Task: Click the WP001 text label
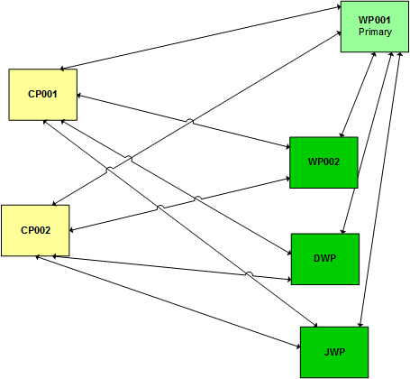coord(375,20)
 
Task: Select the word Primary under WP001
coord(375,32)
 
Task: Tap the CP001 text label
coord(42,94)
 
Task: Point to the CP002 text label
coord(35,230)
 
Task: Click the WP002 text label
coord(323,162)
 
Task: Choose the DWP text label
coord(325,258)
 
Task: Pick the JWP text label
coord(334,352)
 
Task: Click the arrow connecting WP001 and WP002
coord(358,95)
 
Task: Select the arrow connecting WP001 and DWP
coord(367,143)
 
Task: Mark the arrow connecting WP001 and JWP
coord(380,189)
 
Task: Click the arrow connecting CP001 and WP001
coord(201,38)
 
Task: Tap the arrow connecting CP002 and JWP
coord(168,302)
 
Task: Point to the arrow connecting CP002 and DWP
coord(171,268)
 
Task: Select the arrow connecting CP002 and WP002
coord(179,205)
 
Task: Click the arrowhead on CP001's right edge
coord(79,96)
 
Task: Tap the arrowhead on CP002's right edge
coord(72,230)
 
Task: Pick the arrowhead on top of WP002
coord(342,134)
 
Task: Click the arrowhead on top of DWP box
coord(342,231)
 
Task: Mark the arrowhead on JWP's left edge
coord(298,347)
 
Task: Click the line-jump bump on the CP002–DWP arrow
coord(249,273)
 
